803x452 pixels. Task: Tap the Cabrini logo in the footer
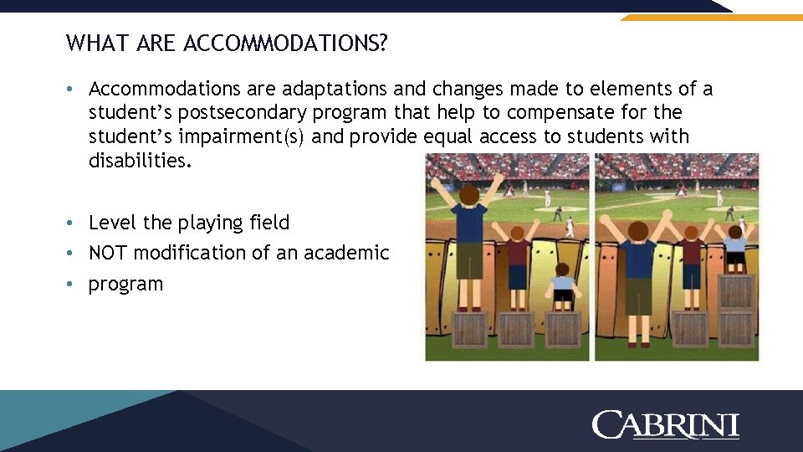point(665,424)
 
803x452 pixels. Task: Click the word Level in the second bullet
point(113,223)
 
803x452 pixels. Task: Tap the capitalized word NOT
point(109,253)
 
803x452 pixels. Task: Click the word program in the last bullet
point(125,284)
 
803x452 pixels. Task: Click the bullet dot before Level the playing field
point(74,223)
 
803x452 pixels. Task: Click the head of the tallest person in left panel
point(470,195)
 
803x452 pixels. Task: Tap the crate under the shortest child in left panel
point(562,328)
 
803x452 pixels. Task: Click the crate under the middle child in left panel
point(516,328)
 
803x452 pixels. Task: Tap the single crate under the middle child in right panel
point(691,328)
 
